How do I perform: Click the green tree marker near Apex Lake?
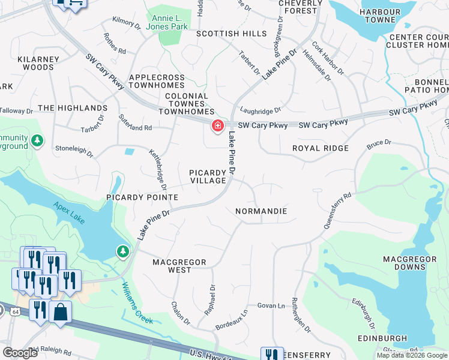click(x=124, y=251)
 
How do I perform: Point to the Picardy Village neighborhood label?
click(x=208, y=176)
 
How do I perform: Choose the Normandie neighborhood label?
click(x=261, y=212)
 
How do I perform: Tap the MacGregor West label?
click(x=179, y=266)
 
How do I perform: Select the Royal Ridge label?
click(x=321, y=148)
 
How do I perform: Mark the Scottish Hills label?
click(x=231, y=34)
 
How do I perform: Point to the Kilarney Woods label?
click(x=27, y=63)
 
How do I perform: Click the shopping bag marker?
click(x=60, y=312)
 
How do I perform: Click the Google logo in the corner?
click(x=20, y=353)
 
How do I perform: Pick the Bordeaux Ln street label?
click(x=231, y=320)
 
